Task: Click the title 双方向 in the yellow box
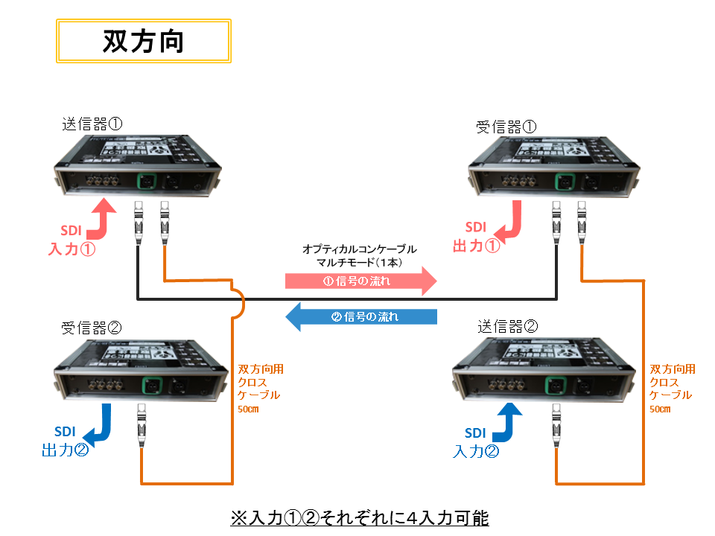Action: [143, 42]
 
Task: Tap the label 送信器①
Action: [95, 122]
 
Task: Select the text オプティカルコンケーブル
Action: [359, 249]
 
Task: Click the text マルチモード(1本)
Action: [359, 262]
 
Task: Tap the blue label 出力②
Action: [65, 450]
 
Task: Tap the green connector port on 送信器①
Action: [146, 181]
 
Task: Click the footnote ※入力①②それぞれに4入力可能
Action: [359, 517]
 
